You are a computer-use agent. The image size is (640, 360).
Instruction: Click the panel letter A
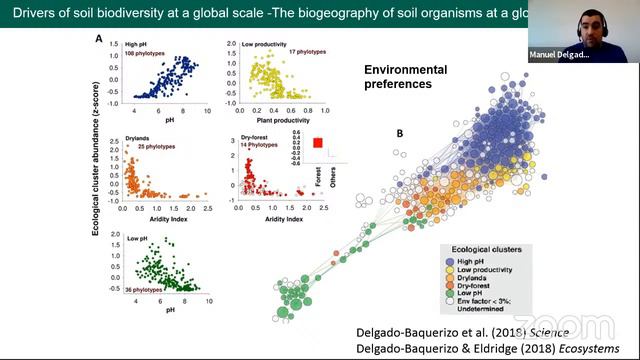pos(99,38)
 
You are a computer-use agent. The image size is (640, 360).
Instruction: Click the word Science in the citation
pos(548,331)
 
